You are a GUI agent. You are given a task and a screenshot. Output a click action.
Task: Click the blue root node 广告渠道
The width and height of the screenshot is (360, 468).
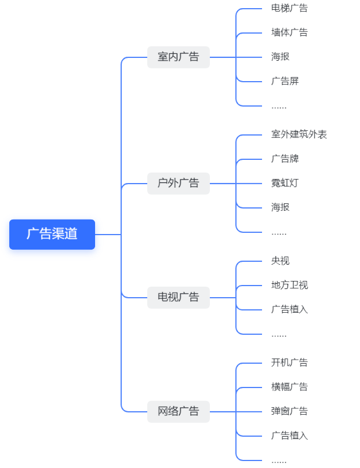pos(52,234)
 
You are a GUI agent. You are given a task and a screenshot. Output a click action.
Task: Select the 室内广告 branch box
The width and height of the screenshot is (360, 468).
pos(178,57)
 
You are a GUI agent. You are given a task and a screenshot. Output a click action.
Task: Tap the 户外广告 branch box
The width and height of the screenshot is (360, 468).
pos(178,183)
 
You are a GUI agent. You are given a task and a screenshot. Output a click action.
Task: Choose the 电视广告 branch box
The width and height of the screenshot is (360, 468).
pos(178,297)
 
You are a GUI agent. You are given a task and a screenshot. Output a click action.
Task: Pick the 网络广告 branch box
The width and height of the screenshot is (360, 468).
pos(178,411)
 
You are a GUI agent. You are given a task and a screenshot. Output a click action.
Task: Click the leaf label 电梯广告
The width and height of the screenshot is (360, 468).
pos(289,8)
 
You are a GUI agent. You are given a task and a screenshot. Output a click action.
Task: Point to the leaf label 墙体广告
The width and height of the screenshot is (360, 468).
pos(289,32)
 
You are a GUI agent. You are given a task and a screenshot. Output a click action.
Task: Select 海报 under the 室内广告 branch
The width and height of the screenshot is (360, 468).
pos(280,57)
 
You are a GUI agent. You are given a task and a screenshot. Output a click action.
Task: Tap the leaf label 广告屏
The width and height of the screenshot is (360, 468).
pos(285,81)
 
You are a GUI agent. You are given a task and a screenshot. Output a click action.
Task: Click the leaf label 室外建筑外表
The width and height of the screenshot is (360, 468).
pos(299,134)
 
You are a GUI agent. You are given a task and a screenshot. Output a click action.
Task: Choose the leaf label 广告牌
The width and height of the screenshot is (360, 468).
pos(285,159)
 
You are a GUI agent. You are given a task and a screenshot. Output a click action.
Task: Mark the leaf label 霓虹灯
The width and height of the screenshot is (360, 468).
pos(285,183)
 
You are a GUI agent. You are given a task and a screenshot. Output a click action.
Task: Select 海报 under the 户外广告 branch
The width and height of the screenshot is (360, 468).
pos(280,207)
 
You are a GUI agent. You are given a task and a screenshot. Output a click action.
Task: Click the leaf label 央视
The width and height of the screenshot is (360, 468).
pos(280,261)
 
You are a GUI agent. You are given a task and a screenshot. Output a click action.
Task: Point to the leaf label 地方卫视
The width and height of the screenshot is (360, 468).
pos(289,285)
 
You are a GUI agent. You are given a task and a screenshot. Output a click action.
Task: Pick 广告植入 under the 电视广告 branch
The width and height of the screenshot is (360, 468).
pos(289,309)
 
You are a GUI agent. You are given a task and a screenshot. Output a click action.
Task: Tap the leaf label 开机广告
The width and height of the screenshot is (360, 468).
pos(289,363)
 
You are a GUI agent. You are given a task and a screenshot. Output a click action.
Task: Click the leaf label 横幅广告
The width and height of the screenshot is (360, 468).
pos(289,387)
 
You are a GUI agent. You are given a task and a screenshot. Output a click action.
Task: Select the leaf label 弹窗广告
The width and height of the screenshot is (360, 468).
pos(289,411)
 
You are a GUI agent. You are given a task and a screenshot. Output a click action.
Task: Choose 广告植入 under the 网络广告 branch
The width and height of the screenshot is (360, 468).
pos(289,436)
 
